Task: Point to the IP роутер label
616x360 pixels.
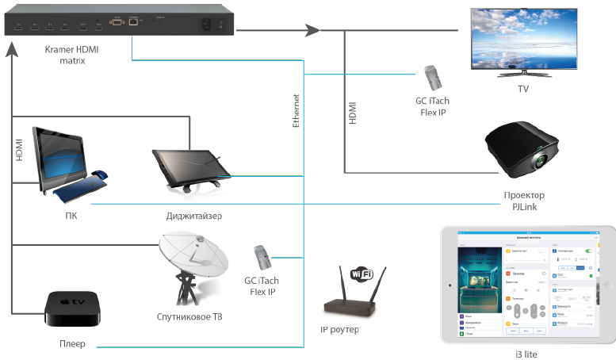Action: point(339,328)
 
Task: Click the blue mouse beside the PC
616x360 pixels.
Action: point(100,175)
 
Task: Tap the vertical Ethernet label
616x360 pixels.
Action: point(297,111)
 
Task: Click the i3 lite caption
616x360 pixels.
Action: point(526,354)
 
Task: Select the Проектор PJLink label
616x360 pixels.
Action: point(524,201)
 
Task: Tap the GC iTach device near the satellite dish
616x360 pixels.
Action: point(262,258)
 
